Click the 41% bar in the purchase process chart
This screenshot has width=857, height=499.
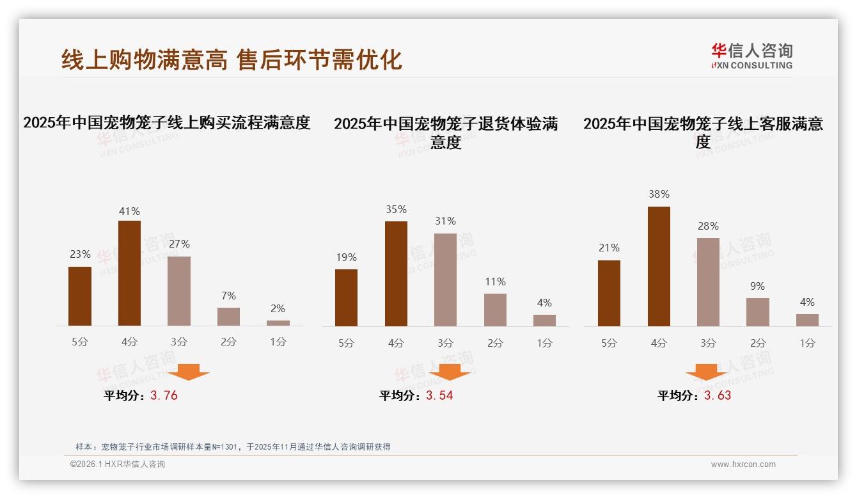click(x=129, y=273)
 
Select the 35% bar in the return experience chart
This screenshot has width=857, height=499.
click(x=396, y=274)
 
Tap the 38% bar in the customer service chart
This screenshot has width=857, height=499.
click(x=659, y=266)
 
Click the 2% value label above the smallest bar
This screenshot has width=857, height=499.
click(x=278, y=308)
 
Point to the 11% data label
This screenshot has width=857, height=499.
click(x=495, y=281)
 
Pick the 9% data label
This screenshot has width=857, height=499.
click(x=757, y=286)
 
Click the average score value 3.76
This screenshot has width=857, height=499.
click(x=164, y=395)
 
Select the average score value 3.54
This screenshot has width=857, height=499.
click(x=439, y=395)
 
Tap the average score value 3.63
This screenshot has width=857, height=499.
click(x=718, y=395)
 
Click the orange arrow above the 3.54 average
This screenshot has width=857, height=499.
click(x=450, y=372)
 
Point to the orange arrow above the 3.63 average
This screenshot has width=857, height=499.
click(x=706, y=372)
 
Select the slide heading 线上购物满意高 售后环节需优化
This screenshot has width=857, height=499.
click(x=232, y=59)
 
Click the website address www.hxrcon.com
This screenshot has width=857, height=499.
click(x=743, y=464)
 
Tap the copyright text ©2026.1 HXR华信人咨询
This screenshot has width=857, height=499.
click(x=118, y=464)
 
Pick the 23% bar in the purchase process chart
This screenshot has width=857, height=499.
click(x=80, y=296)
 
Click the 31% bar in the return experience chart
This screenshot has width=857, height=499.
click(x=445, y=280)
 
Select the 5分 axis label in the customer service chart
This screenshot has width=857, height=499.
click(x=609, y=343)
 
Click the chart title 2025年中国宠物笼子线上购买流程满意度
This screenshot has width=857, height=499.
click(x=167, y=122)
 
